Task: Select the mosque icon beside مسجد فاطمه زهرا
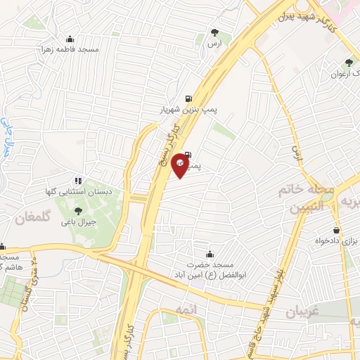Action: tap(69, 39)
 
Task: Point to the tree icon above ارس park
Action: tap(214, 32)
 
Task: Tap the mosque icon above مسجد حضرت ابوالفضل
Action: tap(210, 255)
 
